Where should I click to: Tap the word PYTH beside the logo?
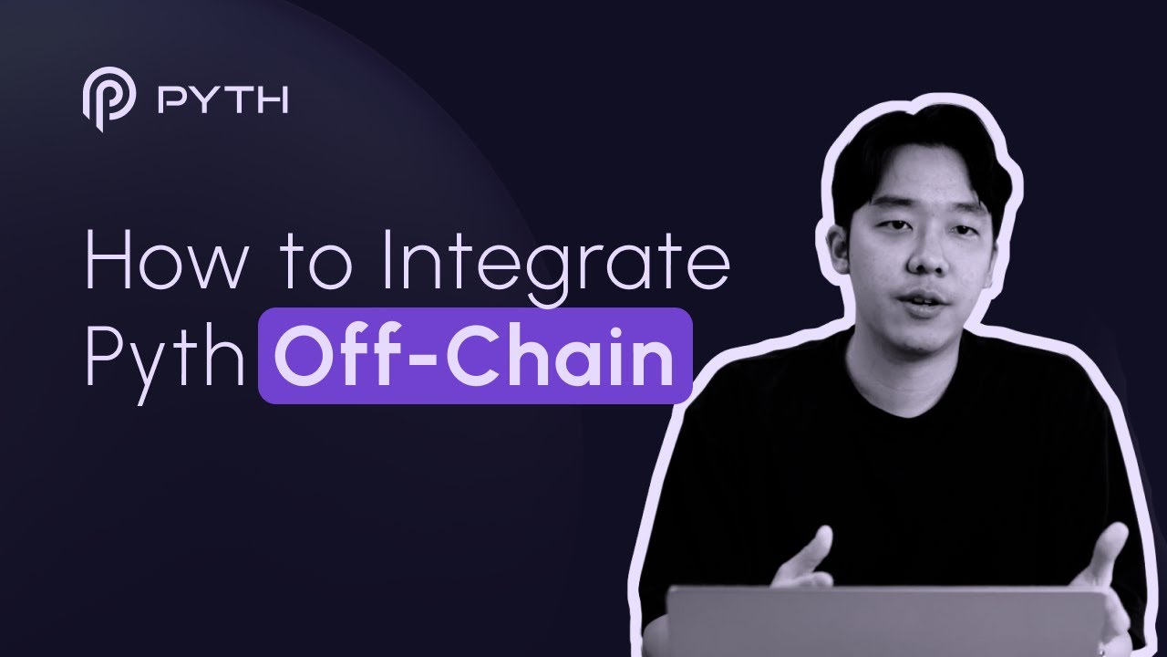click(223, 100)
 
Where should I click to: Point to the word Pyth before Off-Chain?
click(165, 359)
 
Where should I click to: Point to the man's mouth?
click(924, 299)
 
